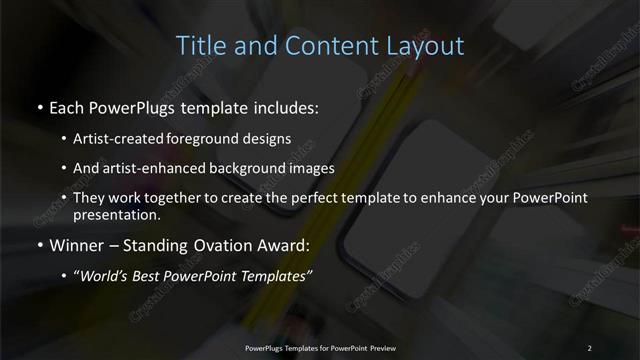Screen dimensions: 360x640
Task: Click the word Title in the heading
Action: [x=197, y=46]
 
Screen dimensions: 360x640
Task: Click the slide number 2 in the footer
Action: [x=589, y=347]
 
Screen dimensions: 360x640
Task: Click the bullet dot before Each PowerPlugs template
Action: [x=39, y=107]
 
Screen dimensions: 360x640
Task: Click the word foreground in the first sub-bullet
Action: [x=209, y=139]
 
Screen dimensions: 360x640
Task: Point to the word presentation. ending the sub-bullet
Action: [x=117, y=214]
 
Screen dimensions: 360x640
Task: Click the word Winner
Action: [x=74, y=245]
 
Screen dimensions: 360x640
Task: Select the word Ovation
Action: [x=207, y=245]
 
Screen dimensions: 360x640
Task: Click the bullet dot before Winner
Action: [x=39, y=245]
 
